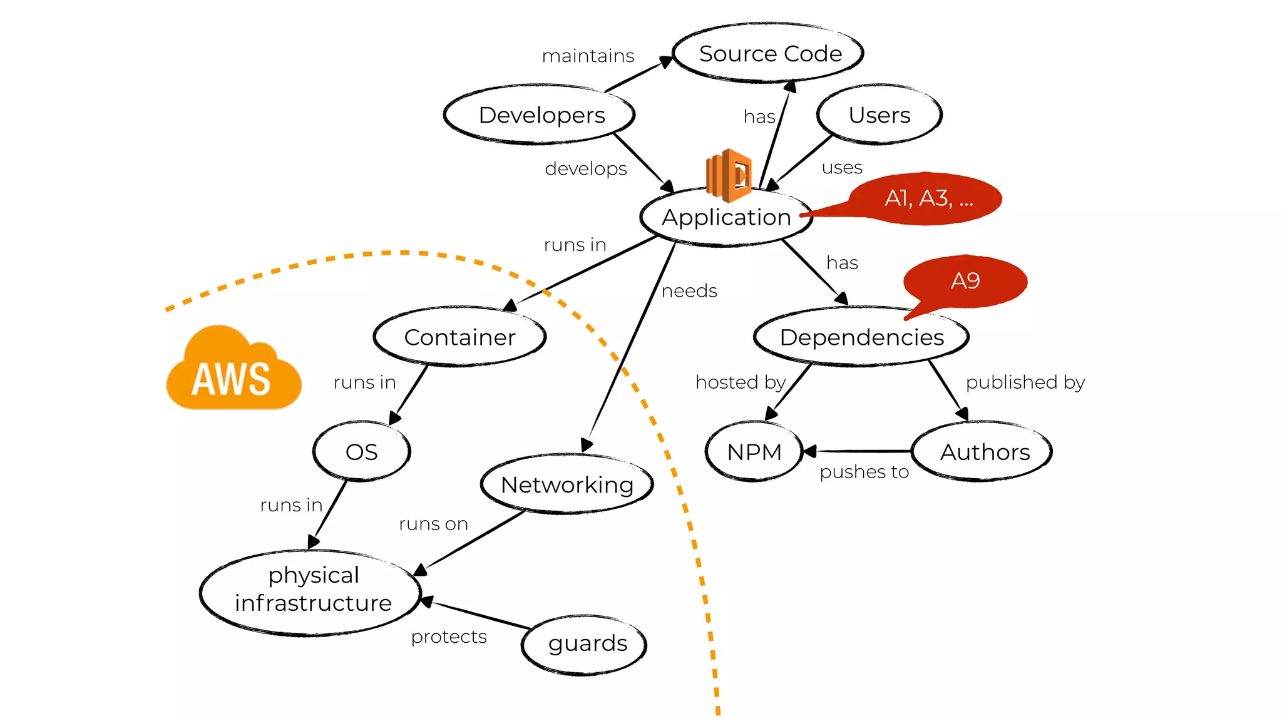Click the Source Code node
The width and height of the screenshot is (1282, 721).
coord(769,53)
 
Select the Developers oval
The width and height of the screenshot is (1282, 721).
coord(541,115)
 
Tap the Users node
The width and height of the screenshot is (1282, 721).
coord(879,115)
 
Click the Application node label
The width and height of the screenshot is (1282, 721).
coord(726,217)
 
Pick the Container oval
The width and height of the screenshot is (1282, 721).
coord(459,337)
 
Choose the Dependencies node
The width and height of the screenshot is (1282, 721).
coord(861,337)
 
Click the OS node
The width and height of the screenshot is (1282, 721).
coord(361,451)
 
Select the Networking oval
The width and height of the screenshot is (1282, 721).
coord(567,484)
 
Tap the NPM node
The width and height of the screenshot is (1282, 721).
coord(754,451)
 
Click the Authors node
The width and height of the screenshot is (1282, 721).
coord(984,451)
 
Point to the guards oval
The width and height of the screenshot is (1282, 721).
coord(587,643)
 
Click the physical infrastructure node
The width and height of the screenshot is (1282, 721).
coord(312,590)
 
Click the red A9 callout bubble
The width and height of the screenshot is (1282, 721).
coord(965,281)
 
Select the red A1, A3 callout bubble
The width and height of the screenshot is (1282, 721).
coord(928,198)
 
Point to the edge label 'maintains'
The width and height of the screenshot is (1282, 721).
coord(588,56)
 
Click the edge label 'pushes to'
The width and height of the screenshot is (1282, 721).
coord(864,471)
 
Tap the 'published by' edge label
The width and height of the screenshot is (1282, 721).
coord(1025,382)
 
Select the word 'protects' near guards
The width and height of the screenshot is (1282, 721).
coord(449,637)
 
